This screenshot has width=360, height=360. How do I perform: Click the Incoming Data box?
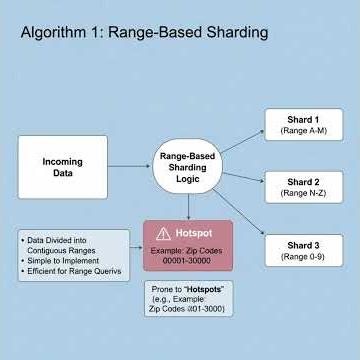[x=63, y=167]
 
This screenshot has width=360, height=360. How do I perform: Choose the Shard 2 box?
[x=302, y=187]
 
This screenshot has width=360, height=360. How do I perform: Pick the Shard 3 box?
[x=302, y=250]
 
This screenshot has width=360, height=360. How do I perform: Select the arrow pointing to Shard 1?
[x=243, y=141]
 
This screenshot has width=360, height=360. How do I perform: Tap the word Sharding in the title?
[x=233, y=33]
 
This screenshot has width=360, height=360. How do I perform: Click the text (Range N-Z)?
[x=302, y=194]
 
